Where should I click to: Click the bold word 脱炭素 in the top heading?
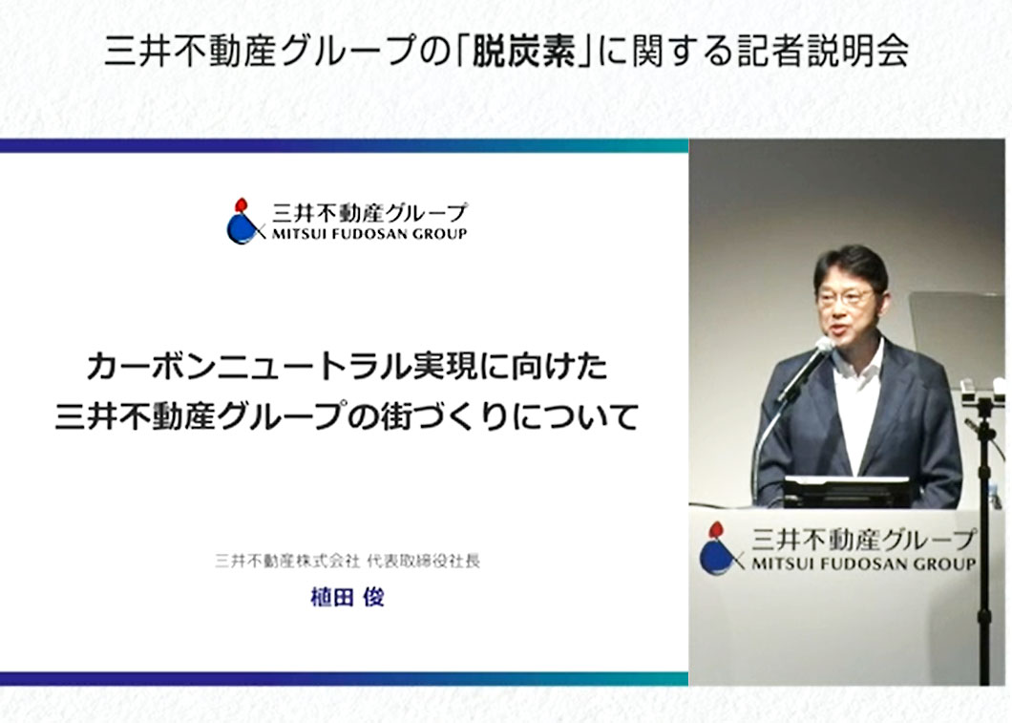(x=523, y=51)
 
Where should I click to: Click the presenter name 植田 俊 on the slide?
(x=348, y=597)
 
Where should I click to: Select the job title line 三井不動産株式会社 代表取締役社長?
(x=348, y=561)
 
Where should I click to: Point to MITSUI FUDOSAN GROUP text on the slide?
(x=369, y=234)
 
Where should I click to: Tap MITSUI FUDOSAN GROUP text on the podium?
(x=864, y=564)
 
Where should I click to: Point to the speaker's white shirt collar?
(x=859, y=359)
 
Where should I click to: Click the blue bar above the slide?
(x=344, y=146)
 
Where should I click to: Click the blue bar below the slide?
(x=344, y=678)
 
